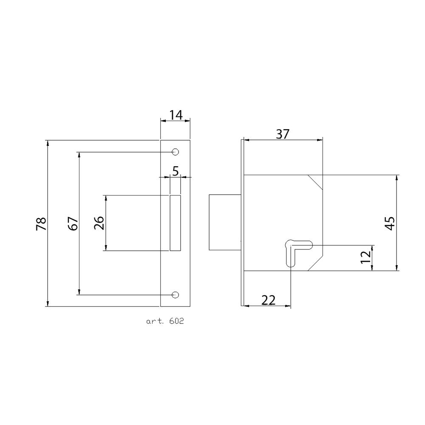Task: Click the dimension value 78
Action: coord(41,224)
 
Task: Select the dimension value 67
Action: coord(73,224)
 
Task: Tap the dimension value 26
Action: coord(99,223)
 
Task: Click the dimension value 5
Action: coord(176,171)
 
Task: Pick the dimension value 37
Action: coord(283,134)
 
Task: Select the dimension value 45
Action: coord(390,223)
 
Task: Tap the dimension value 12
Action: coord(365,257)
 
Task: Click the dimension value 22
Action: coord(268,300)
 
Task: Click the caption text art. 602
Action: coord(165,321)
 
